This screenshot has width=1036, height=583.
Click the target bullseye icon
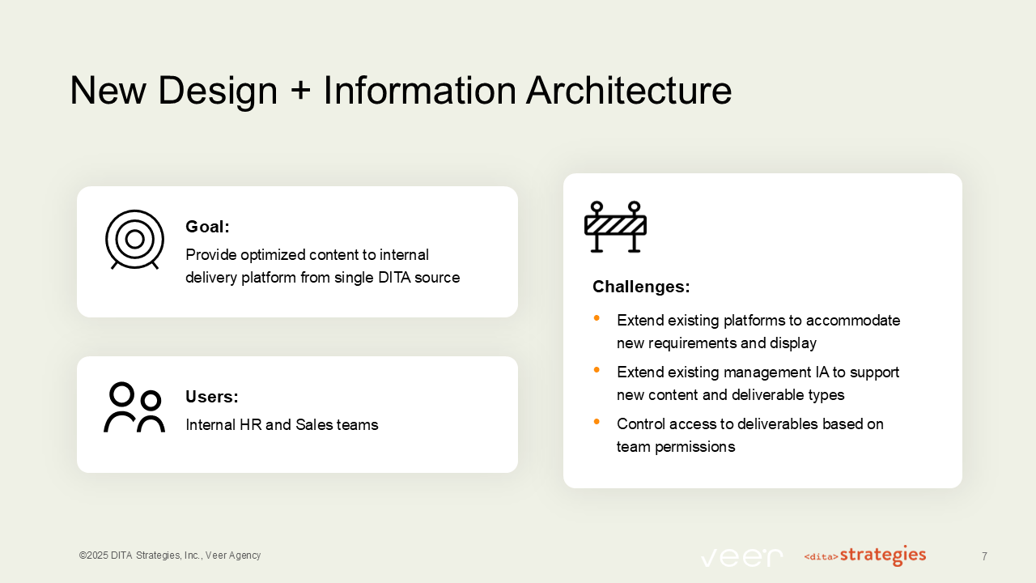click(x=134, y=240)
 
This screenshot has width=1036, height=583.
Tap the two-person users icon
click(x=134, y=407)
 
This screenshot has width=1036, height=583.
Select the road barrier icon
click(x=615, y=227)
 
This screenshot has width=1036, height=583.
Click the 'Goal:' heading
click(x=208, y=227)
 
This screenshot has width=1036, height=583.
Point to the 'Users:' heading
click(x=212, y=397)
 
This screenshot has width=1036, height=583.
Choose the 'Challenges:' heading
click(x=641, y=287)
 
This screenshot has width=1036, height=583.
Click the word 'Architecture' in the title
click(x=628, y=90)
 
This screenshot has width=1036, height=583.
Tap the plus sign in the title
click(x=299, y=91)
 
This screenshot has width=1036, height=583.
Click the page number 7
click(x=984, y=556)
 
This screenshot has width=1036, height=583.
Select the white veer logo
click(x=741, y=557)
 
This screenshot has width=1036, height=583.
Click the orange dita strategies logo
click(x=864, y=555)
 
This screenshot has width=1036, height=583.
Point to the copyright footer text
click(x=170, y=555)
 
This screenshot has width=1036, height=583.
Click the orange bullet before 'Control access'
click(x=597, y=422)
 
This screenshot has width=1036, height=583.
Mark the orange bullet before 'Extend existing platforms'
click(x=597, y=318)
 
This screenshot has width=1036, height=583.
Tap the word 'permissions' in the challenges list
click(x=696, y=446)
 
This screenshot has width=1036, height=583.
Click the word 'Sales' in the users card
click(x=313, y=425)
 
